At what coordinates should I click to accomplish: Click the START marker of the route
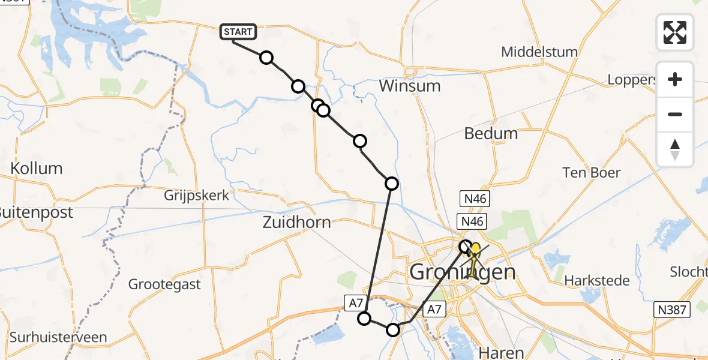click(x=239, y=32)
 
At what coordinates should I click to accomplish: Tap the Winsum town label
click(x=410, y=86)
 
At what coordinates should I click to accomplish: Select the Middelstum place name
click(x=539, y=52)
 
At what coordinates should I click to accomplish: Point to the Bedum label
click(x=491, y=133)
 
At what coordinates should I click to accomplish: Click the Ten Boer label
click(x=591, y=173)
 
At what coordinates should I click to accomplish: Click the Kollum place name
click(x=36, y=169)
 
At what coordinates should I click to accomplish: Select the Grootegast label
click(x=164, y=284)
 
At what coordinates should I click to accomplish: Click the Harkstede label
click(x=597, y=280)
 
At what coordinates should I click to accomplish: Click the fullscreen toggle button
click(x=675, y=32)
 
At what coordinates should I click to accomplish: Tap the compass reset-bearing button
click(x=675, y=149)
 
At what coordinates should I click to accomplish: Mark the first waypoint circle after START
click(x=266, y=58)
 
